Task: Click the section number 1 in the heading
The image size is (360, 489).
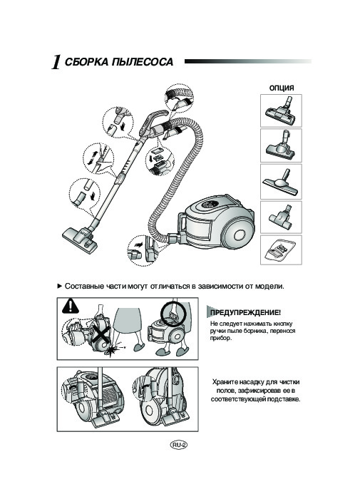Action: pyautogui.click(x=54, y=63)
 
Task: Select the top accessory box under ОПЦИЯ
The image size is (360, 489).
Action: pyautogui.click(x=281, y=110)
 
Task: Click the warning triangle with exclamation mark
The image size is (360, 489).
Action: pyautogui.click(x=70, y=307)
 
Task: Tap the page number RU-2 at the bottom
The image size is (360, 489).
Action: pyautogui.click(x=178, y=444)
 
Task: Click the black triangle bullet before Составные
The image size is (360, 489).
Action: pyautogui.click(x=59, y=285)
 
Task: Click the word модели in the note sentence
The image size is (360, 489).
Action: pyautogui.click(x=268, y=285)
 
